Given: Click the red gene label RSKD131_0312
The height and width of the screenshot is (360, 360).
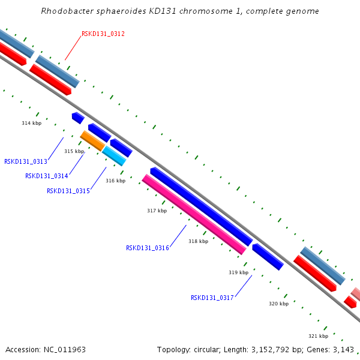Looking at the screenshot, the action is coord(103,34).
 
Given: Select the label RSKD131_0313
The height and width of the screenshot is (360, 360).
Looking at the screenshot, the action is coord(26,161).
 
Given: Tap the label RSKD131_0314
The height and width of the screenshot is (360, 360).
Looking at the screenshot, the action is coord(47,176).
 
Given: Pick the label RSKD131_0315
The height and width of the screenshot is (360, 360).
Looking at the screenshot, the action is coord(68,191).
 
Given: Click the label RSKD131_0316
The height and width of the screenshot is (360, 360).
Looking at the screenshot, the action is coord(148,248).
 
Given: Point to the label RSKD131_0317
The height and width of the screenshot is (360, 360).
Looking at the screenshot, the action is coord(212,298).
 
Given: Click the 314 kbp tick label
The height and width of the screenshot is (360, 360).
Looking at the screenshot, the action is coord(31,123).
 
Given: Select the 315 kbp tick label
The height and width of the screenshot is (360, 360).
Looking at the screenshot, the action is coord(74,151).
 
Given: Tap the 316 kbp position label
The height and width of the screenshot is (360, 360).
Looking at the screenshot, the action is coord(115,181).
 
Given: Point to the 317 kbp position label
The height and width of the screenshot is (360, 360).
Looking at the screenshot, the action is coord(157,211).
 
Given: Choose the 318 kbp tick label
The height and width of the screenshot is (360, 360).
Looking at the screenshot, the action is coord(199,241).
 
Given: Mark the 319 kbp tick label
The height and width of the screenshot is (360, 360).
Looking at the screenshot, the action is coord(238,272).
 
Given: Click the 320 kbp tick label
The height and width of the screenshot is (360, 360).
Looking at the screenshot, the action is coord(279,304).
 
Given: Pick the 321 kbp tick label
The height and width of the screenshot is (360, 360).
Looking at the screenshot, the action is coord(318,336).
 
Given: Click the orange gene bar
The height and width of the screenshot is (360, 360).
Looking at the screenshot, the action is coord(92,141).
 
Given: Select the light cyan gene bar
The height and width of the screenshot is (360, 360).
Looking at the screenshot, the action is coord(114,156).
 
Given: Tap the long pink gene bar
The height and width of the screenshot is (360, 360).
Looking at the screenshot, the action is coord(194,214).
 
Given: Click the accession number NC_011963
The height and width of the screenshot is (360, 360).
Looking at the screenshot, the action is coord(65,350).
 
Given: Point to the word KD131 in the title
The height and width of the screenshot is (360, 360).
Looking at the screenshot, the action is coord(163,11).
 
